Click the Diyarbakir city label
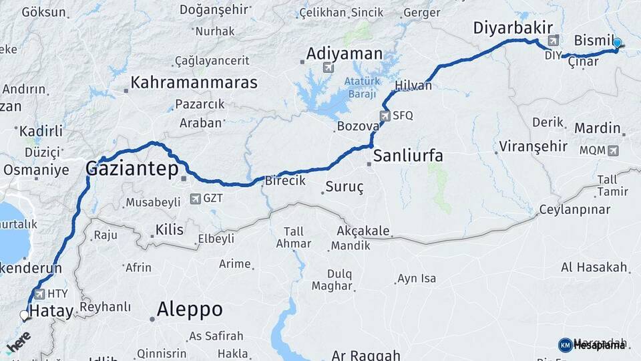(513, 28)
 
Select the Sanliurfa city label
(407, 156)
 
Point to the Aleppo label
(190, 310)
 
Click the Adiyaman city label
(344, 53)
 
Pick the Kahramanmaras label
(194, 83)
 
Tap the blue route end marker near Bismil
(617, 43)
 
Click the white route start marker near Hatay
(25, 315)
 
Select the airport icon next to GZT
(195, 199)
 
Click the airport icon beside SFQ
(384, 116)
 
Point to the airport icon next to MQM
(613, 150)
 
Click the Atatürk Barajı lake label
(362, 87)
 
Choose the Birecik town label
(285, 180)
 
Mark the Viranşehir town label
(533, 146)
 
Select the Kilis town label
(169, 230)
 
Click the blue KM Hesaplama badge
(566, 345)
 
